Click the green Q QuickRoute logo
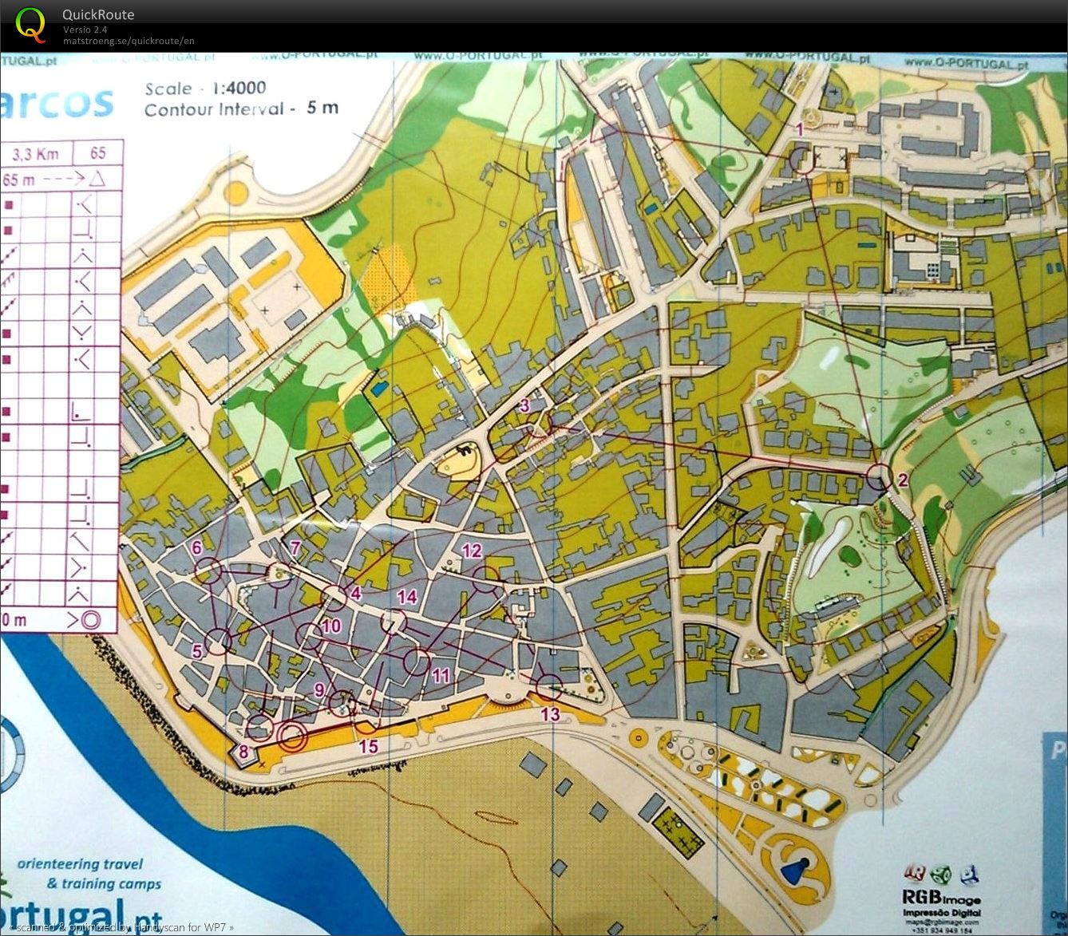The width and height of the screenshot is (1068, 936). [30, 24]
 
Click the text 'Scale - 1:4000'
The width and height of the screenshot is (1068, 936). [205, 89]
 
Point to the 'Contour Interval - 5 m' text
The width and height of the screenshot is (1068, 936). [240, 109]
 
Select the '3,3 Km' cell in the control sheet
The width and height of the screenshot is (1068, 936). [37, 154]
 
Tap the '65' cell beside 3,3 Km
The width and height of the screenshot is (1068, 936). [97, 153]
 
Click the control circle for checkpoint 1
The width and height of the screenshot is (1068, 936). [801, 160]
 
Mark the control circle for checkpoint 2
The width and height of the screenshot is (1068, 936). [878, 476]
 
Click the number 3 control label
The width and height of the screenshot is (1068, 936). [524, 405]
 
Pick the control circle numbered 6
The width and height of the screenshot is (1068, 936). [208, 570]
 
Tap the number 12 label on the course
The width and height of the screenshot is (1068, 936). [472, 550]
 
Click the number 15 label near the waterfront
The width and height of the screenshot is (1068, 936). [368, 746]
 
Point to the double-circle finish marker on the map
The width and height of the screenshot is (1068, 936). [292, 736]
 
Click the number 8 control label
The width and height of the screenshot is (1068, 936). [243, 751]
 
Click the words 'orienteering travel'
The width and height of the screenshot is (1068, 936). [80, 863]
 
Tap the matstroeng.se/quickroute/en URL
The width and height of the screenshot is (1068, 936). [129, 41]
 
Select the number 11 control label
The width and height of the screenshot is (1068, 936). [441, 676]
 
